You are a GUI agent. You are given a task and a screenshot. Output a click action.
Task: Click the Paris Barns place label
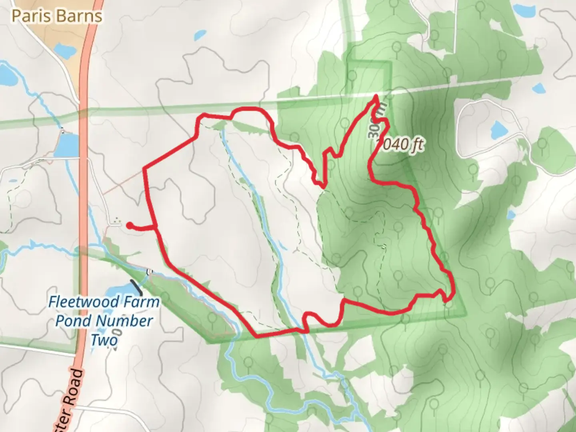tap(57, 16)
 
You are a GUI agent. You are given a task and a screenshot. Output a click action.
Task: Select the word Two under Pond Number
tap(104, 340)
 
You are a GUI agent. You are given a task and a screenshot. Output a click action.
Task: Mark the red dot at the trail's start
tap(129, 226)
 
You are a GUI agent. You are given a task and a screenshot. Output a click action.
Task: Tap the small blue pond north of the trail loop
tap(199, 36)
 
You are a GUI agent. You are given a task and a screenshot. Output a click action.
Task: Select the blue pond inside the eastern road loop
tap(498, 129)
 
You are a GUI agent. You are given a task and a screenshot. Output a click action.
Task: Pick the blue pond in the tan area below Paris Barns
tap(64, 50)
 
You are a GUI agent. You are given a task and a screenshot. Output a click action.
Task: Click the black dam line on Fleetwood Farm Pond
tap(136, 287)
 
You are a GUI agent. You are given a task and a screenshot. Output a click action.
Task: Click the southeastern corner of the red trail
tap(450, 298)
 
